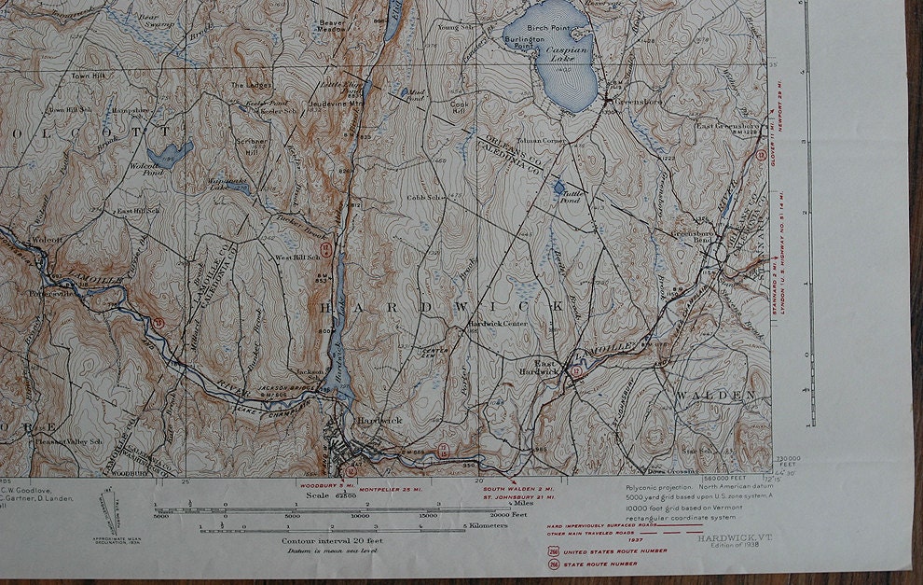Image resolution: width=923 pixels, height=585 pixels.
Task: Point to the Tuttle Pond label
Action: click(570, 197)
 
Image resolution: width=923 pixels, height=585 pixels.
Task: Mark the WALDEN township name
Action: click(716, 396)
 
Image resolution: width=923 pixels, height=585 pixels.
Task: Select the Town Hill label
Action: click(89, 76)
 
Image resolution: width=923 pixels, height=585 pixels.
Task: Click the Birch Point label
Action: click(548, 28)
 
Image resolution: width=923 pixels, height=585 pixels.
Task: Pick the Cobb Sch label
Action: click(422, 198)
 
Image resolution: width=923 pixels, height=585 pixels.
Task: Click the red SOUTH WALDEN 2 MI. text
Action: click(518, 488)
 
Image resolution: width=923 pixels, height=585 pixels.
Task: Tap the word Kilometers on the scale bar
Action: click(487, 525)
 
